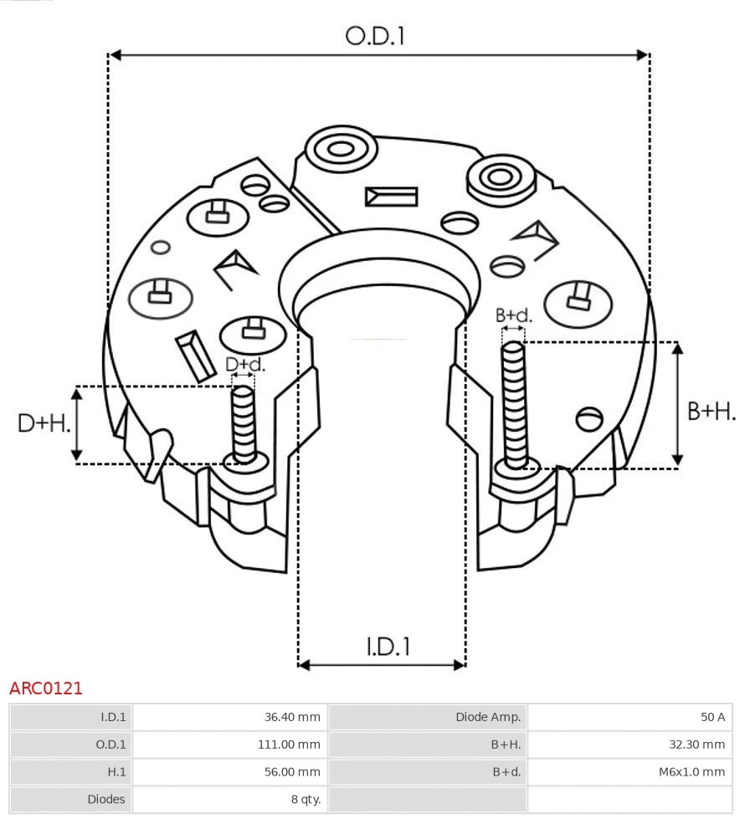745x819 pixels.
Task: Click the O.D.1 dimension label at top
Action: tap(375, 36)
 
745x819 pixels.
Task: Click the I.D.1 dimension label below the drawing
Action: tap(388, 647)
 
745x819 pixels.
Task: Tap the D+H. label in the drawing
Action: tap(43, 423)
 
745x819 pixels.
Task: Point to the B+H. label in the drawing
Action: tap(711, 411)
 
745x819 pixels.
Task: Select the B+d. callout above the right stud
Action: tap(513, 315)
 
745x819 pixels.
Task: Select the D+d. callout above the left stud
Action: tap(244, 365)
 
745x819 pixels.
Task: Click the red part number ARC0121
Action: tap(46, 688)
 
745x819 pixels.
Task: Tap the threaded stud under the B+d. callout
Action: tap(515, 406)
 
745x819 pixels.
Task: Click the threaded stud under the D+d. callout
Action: tap(244, 422)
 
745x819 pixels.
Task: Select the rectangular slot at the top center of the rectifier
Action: tap(391, 197)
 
